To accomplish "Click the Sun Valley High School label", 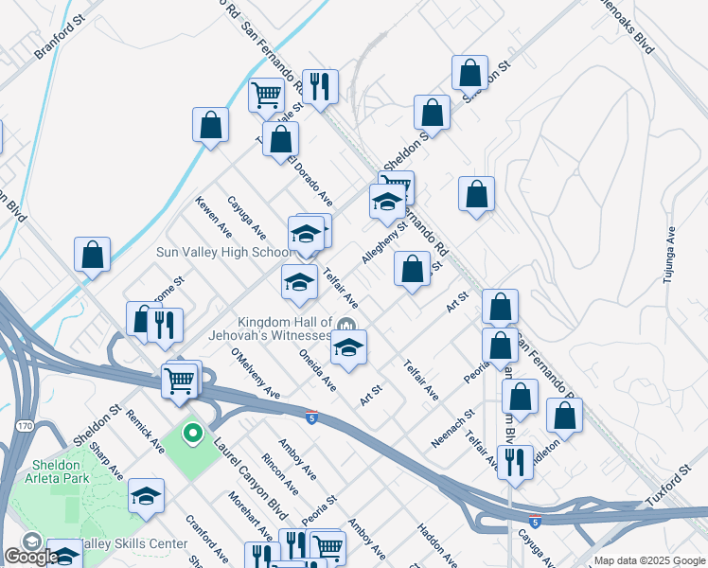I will click(224, 253).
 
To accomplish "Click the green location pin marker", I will click(192, 435).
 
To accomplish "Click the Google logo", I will click(30, 557).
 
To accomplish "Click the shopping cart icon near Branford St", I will click(266, 95).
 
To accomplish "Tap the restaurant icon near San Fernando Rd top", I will click(319, 86).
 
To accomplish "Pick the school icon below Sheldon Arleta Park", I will click(146, 497).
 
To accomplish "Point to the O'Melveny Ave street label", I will click(255, 373).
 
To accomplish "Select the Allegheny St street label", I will click(383, 243).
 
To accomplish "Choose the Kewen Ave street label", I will click(214, 217).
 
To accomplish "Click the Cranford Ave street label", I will click(206, 537).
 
